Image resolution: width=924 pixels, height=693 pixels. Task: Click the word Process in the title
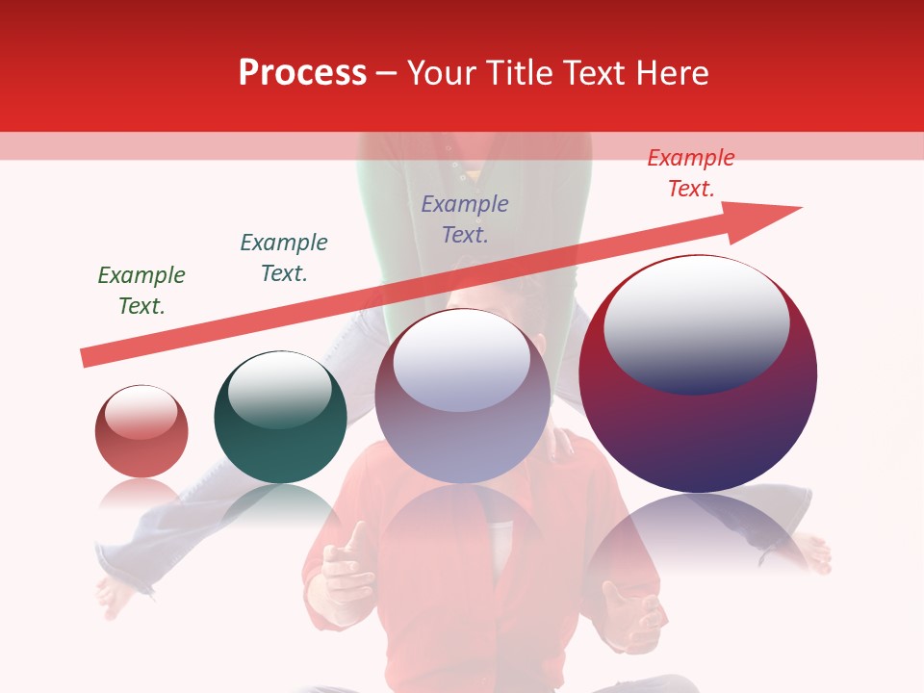(x=302, y=72)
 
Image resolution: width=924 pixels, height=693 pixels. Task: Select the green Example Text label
(x=141, y=290)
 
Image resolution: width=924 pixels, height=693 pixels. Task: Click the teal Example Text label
(x=283, y=257)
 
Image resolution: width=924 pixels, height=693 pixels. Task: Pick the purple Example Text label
(x=465, y=218)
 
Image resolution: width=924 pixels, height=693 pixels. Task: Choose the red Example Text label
(x=690, y=173)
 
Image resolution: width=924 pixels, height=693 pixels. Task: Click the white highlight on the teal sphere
(x=280, y=387)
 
